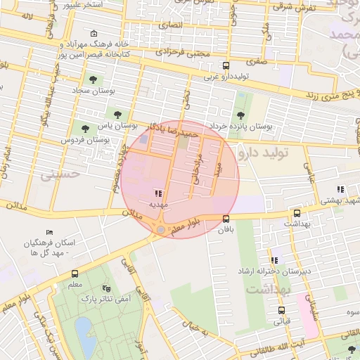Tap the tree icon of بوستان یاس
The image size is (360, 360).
point(117,114)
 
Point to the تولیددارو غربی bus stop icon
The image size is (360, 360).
point(225,66)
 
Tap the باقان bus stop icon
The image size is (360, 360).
point(225,218)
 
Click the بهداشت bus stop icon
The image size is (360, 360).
point(296,212)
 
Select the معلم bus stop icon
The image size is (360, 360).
point(75,274)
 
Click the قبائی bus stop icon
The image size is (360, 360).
point(281,310)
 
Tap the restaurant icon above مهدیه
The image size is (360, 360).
point(157,193)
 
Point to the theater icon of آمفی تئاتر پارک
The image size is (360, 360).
point(106,288)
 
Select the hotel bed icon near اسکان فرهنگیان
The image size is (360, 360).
point(49,232)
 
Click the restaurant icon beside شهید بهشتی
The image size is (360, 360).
point(340,189)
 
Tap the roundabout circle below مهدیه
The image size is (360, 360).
point(161,229)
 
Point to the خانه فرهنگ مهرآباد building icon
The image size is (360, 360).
point(95,34)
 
